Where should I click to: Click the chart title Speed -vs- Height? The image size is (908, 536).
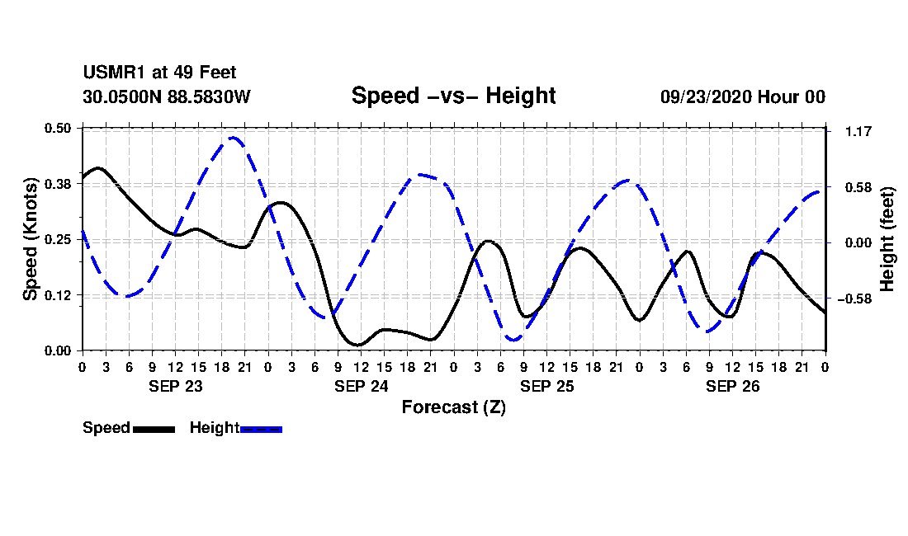click(453, 96)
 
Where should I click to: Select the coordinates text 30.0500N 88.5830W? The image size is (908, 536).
click(167, 96)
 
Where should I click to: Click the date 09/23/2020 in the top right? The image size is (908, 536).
click(706, 96)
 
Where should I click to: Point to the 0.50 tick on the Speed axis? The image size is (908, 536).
click(58, 128)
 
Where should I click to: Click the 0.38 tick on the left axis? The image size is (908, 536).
click(58, 184)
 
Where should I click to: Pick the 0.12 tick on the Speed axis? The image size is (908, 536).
click(58, 295)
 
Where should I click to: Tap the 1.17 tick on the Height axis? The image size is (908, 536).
click(858, 132)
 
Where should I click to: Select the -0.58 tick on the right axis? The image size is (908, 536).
click(854, 299)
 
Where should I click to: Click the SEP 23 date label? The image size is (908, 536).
click(176, 387)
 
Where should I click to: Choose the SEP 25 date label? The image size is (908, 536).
click(546, 387)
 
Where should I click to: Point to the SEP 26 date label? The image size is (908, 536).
click(732, 387)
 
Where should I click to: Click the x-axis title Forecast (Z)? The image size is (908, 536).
click(454, 407)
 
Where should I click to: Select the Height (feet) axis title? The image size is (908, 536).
click(887, 239)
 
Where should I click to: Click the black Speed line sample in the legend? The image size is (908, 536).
click(154, 429)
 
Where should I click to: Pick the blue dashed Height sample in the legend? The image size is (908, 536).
click(261, 429)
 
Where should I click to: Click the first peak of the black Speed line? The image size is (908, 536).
click(97, 168)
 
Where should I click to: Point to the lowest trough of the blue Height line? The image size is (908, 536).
click(513, 340)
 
